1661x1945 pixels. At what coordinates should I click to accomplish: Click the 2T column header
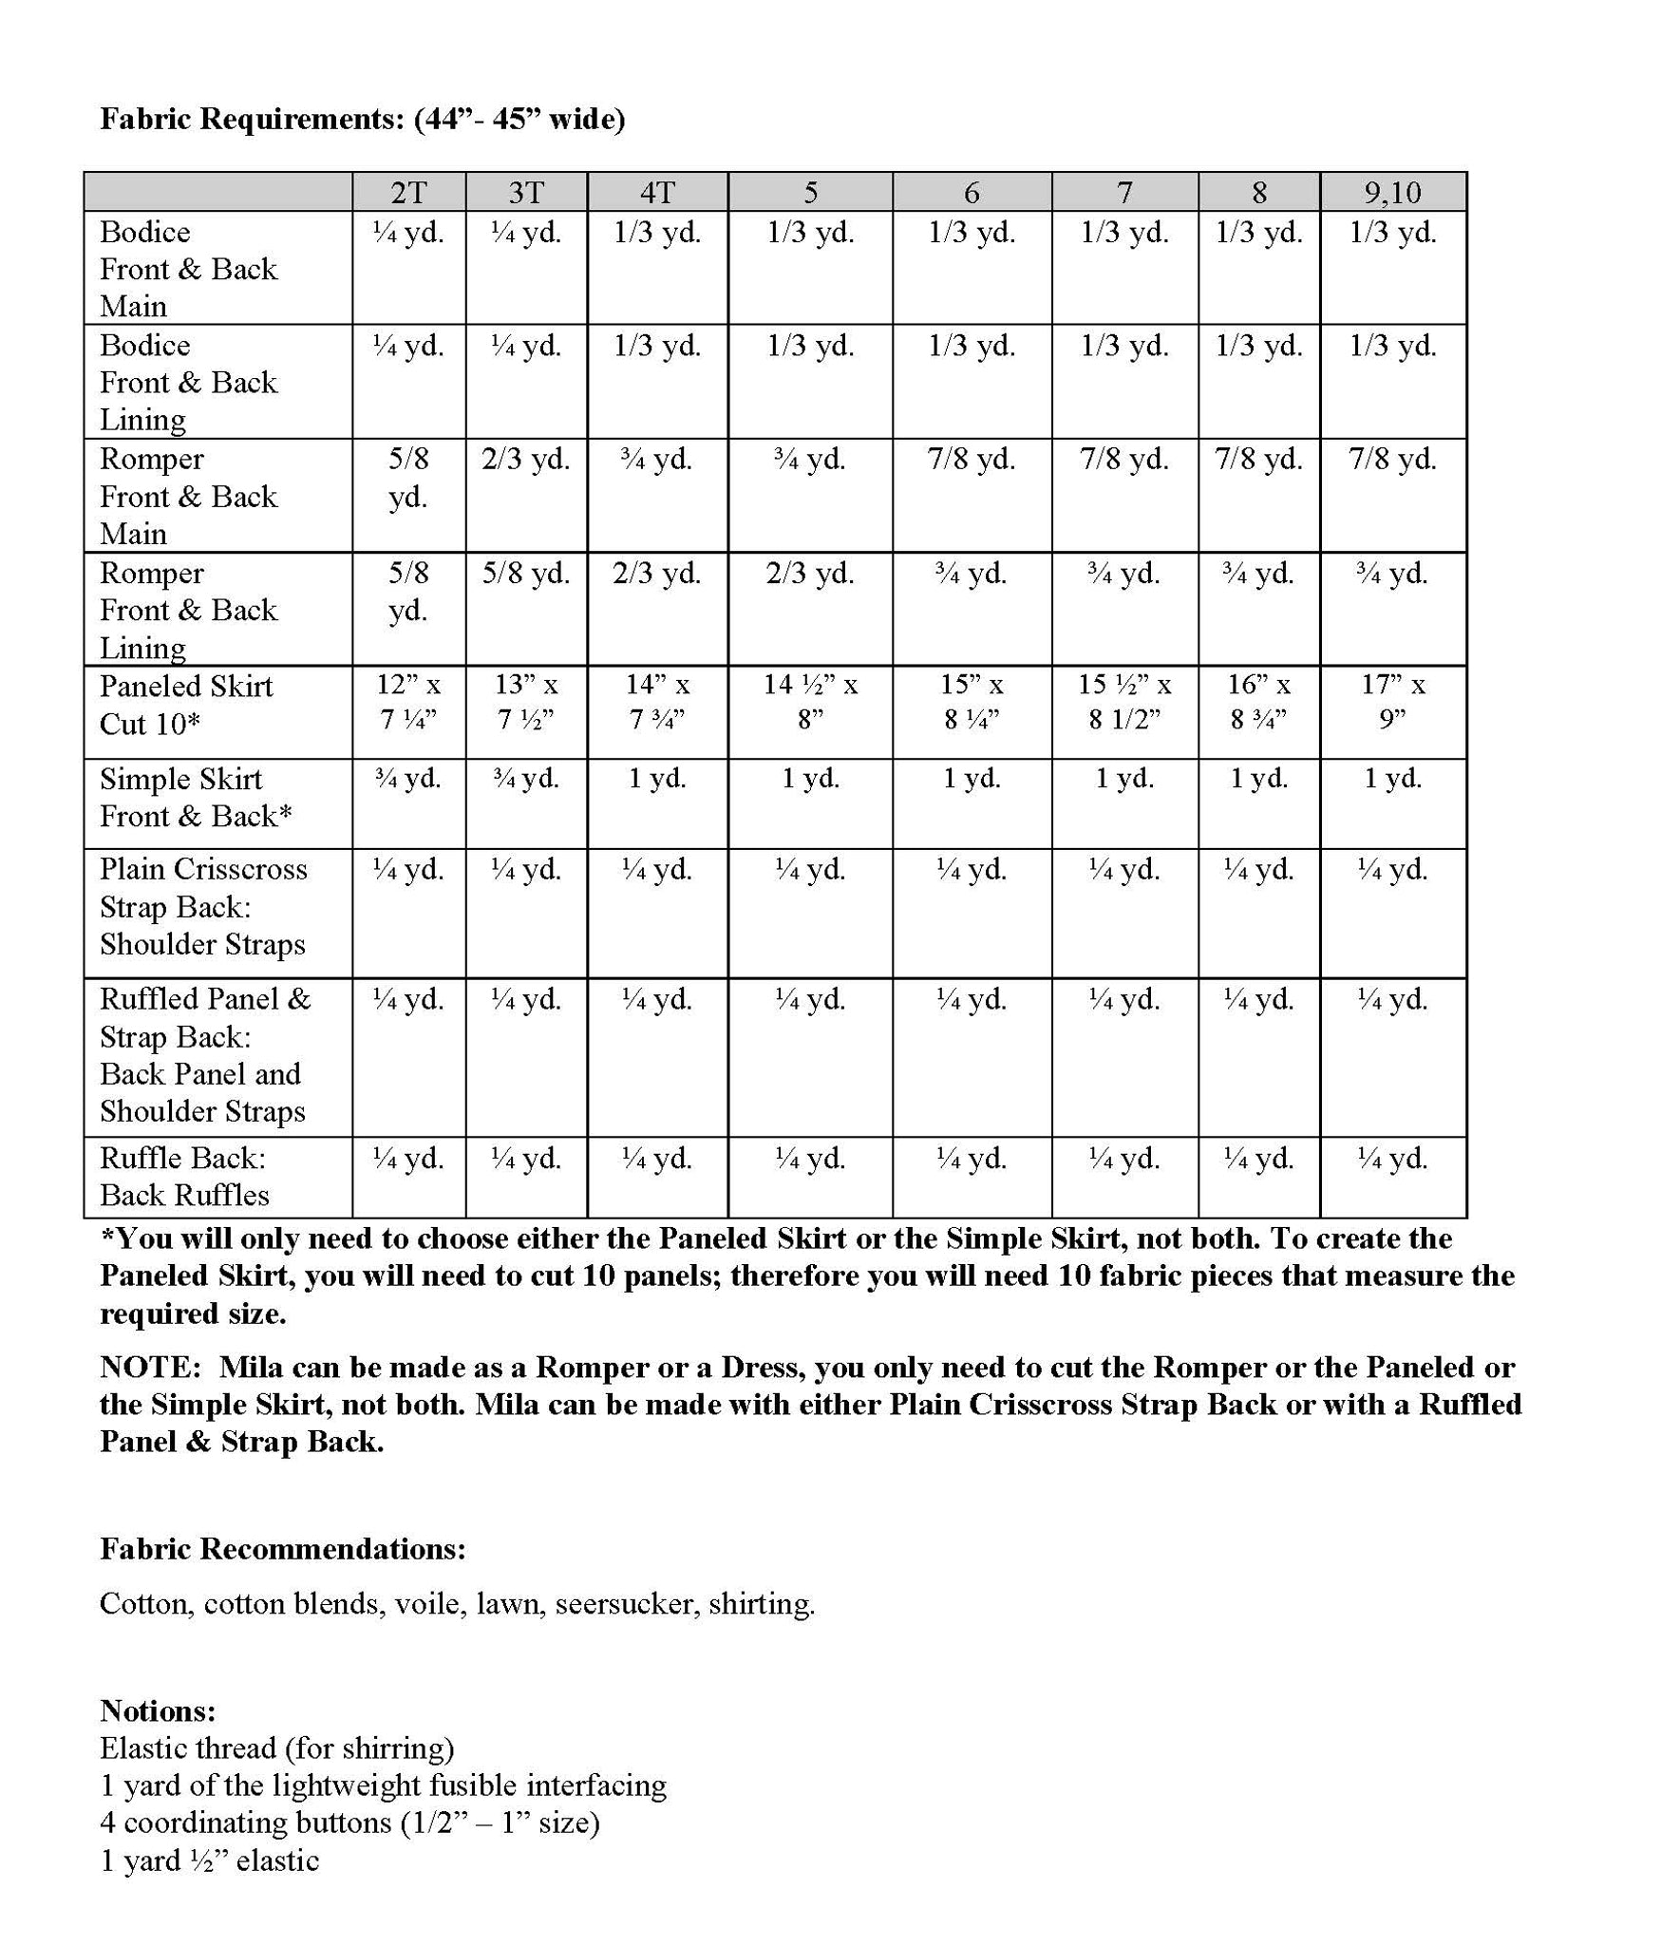(408, 193)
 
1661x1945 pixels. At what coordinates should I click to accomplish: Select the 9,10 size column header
(1392, 193)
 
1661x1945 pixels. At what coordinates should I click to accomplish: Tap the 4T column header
(657, 193)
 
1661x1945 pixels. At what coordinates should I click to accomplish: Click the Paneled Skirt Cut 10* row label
(186, 705)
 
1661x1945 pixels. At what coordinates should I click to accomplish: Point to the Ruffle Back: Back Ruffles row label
(184, 1176)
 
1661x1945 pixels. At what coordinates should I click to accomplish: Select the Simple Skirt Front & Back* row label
(196, 798)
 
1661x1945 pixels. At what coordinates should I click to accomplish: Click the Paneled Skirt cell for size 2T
(408, 703)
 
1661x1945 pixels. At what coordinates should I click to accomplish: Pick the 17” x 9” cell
(1392, 703)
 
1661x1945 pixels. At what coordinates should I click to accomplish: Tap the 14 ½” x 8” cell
(810, 703)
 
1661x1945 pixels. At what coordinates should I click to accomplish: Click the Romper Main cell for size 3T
(525, 460)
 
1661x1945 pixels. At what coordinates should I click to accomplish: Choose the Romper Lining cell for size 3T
(525, 574)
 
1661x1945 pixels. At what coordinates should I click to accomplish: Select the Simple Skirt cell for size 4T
(657, 779)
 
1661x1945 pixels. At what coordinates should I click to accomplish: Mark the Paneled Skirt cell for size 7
(1124, 703)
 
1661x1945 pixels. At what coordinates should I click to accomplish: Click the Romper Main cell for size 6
(972, 460)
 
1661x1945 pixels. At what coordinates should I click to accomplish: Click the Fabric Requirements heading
(362, 119)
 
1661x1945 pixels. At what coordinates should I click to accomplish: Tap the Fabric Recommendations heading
(283, 1549)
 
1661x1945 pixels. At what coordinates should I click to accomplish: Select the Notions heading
(158, 1710)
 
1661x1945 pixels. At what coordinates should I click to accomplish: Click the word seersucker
(627, 1604)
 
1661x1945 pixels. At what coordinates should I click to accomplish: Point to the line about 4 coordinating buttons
(349, 1822)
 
